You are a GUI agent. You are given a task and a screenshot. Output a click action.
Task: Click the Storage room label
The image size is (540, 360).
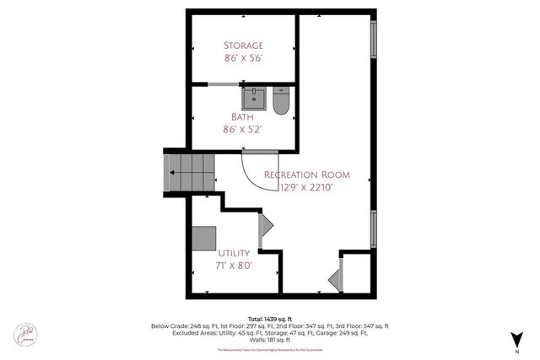243,45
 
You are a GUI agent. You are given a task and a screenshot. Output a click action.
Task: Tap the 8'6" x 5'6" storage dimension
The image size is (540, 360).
243,59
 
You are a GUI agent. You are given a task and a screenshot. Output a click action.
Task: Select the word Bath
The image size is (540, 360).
243,116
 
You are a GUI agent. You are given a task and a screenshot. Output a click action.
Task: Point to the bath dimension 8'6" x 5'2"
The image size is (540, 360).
243,130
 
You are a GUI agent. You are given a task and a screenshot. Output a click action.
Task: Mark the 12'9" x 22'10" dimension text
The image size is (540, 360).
312,188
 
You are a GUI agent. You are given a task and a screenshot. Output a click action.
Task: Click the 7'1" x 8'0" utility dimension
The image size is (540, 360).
234,266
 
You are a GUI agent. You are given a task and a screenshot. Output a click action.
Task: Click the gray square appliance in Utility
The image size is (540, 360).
203,238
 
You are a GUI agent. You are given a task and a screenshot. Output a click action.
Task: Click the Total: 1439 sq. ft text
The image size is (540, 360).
269,318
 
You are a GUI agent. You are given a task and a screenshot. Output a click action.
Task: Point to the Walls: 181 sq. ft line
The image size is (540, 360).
269,341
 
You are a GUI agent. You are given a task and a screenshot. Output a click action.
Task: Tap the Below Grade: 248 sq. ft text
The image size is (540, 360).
180,326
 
